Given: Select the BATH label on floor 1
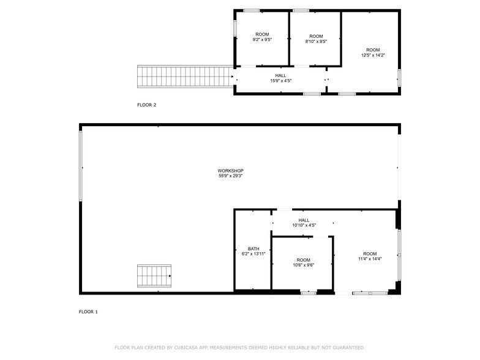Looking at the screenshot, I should point(253,249).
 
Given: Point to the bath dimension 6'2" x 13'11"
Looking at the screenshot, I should point(253,255).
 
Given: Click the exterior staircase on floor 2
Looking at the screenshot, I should point(184,77).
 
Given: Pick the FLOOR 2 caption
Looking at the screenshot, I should point(146,105).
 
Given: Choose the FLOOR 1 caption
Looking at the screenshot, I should point(88,312).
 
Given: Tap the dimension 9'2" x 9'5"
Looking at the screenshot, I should point(262,40).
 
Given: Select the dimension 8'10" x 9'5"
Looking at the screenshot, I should point(315,42).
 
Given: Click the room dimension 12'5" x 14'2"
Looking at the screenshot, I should point(373,55).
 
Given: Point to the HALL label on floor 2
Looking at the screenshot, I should point(280,75).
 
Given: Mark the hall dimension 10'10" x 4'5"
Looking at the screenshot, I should point(304,225).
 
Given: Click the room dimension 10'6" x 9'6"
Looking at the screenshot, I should point(303,265).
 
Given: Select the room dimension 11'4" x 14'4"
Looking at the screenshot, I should point(370,259).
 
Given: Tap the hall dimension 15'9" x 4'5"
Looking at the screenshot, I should point(280,81).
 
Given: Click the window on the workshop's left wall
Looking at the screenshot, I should point(80,165).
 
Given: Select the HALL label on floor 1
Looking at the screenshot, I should point(304,220).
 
